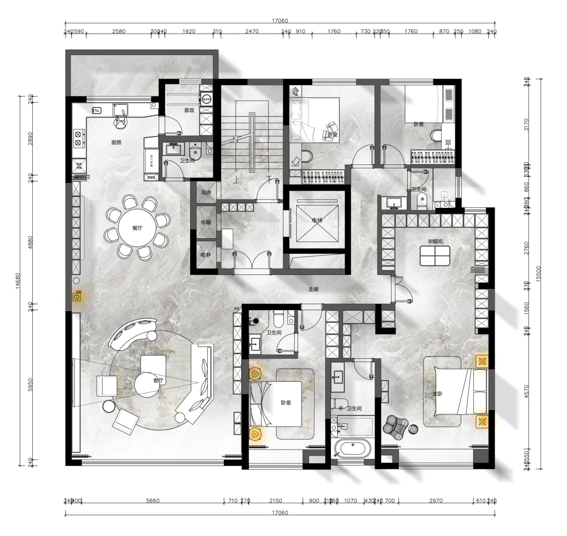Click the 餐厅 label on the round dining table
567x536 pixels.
pyautogui.click(x=137, y=229)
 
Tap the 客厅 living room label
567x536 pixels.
pyautogui.click(x=158, y=381)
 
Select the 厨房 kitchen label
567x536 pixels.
pyautogui.click(x=116, y=142)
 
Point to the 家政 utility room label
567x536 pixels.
pyautogui.click(x=189, y=110)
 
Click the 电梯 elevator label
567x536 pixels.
pyautogui.click(x=317, y=220)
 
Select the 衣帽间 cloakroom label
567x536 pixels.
pyautogui.click(x=435, y=242)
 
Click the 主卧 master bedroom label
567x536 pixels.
pyautogui.click(x=437, y=393)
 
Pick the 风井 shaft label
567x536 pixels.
pyautogui.click(x=205, y=193)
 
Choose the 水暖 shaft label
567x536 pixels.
pyautogui.click(x=205, y=223)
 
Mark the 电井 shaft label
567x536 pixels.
pyautogui.click(x=205, y=255)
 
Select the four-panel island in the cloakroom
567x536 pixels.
pyautogui.click(x=435, y=256)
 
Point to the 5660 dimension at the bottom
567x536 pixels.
pyautogui.click(x=153, y=501)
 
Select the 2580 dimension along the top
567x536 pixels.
pyautogui.click(x=119, y=31)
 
